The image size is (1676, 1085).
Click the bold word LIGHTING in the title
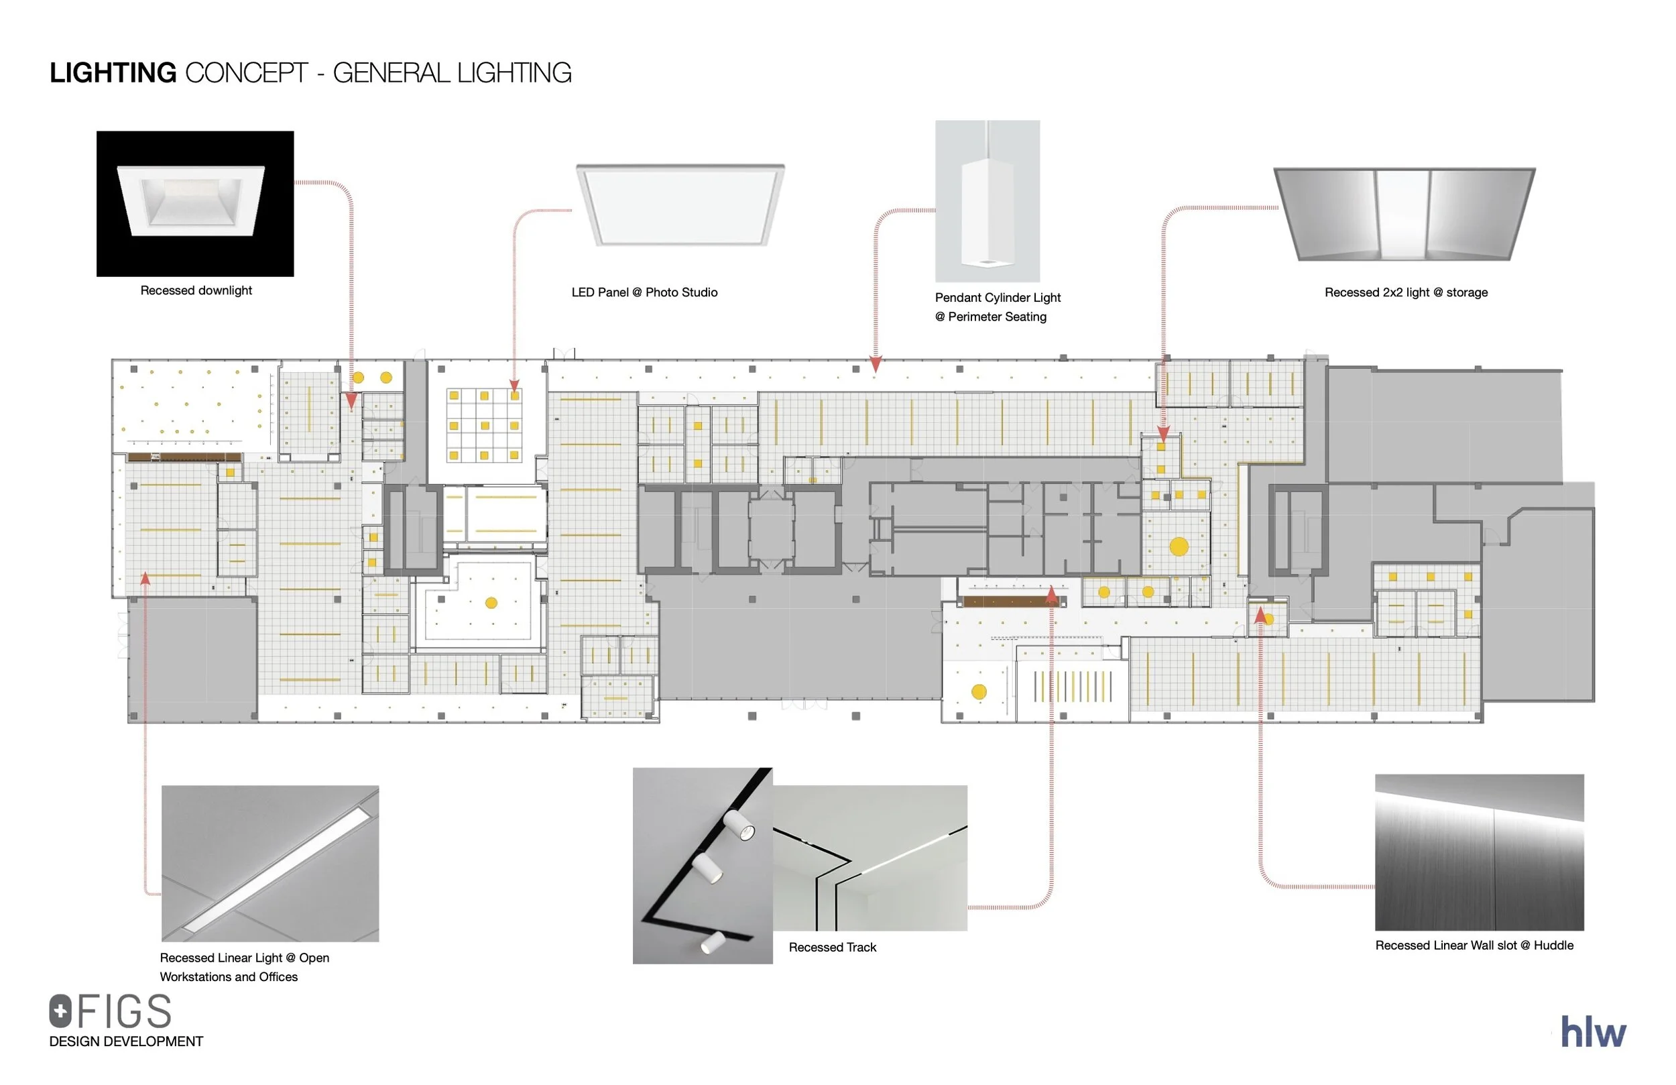(113, 73)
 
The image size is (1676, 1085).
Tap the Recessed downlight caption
(196, 290)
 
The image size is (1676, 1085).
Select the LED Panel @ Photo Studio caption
(644, 292)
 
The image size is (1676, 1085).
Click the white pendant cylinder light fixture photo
(987, 201)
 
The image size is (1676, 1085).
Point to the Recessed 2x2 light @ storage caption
(1406, 292)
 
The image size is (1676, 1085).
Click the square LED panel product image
(680, 205)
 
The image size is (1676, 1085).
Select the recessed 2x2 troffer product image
(1404, 213)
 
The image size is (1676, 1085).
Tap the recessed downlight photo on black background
(195, 204)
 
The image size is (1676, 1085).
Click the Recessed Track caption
(833, 948)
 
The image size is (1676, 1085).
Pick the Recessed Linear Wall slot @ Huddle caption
(1474, 946)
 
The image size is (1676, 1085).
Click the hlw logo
(1593, 1032)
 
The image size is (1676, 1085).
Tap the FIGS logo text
(123, 1012)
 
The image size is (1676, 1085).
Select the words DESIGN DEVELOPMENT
(126, 1041)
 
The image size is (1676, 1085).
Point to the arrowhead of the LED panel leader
(514, 386)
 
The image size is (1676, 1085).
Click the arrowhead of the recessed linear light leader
(145, 579)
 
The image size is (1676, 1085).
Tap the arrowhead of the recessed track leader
(1051, 595)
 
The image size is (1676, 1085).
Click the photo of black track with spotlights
(702, 865)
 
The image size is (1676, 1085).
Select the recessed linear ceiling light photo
(270, 863)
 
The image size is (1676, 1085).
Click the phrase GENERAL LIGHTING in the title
(451, 73)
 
